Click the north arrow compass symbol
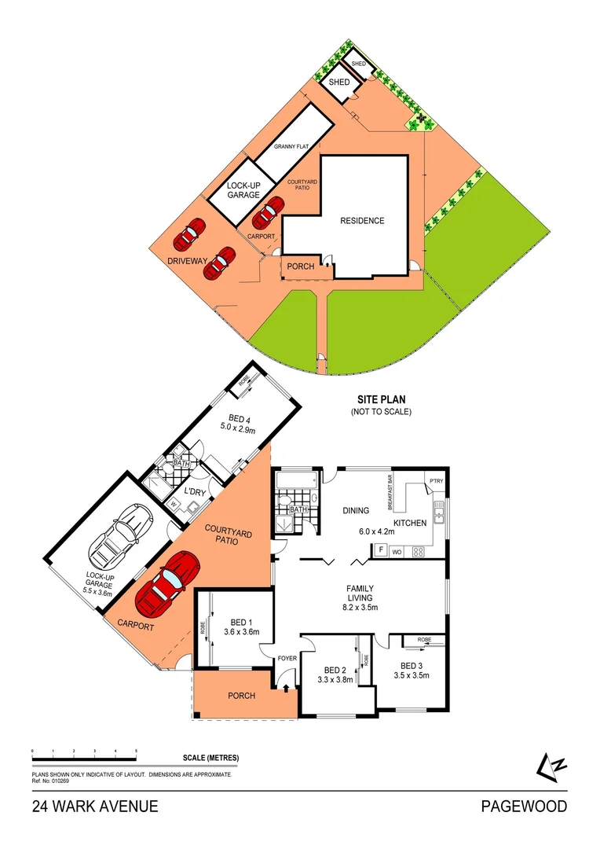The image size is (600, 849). point(550,766)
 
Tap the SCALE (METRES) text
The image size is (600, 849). point(210,758)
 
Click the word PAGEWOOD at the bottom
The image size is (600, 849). point(524,807)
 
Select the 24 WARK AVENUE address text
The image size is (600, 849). point(95,807)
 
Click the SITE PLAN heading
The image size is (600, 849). point(381,400)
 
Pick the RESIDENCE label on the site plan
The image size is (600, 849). point(362,221)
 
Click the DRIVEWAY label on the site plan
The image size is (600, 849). point(186,260)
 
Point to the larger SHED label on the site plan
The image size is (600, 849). point(338,83)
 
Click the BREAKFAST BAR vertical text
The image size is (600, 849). point(390,489)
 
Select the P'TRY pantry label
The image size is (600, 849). point(434,481)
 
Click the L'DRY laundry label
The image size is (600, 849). point(195,492)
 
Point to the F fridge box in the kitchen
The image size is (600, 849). point(381,550)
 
